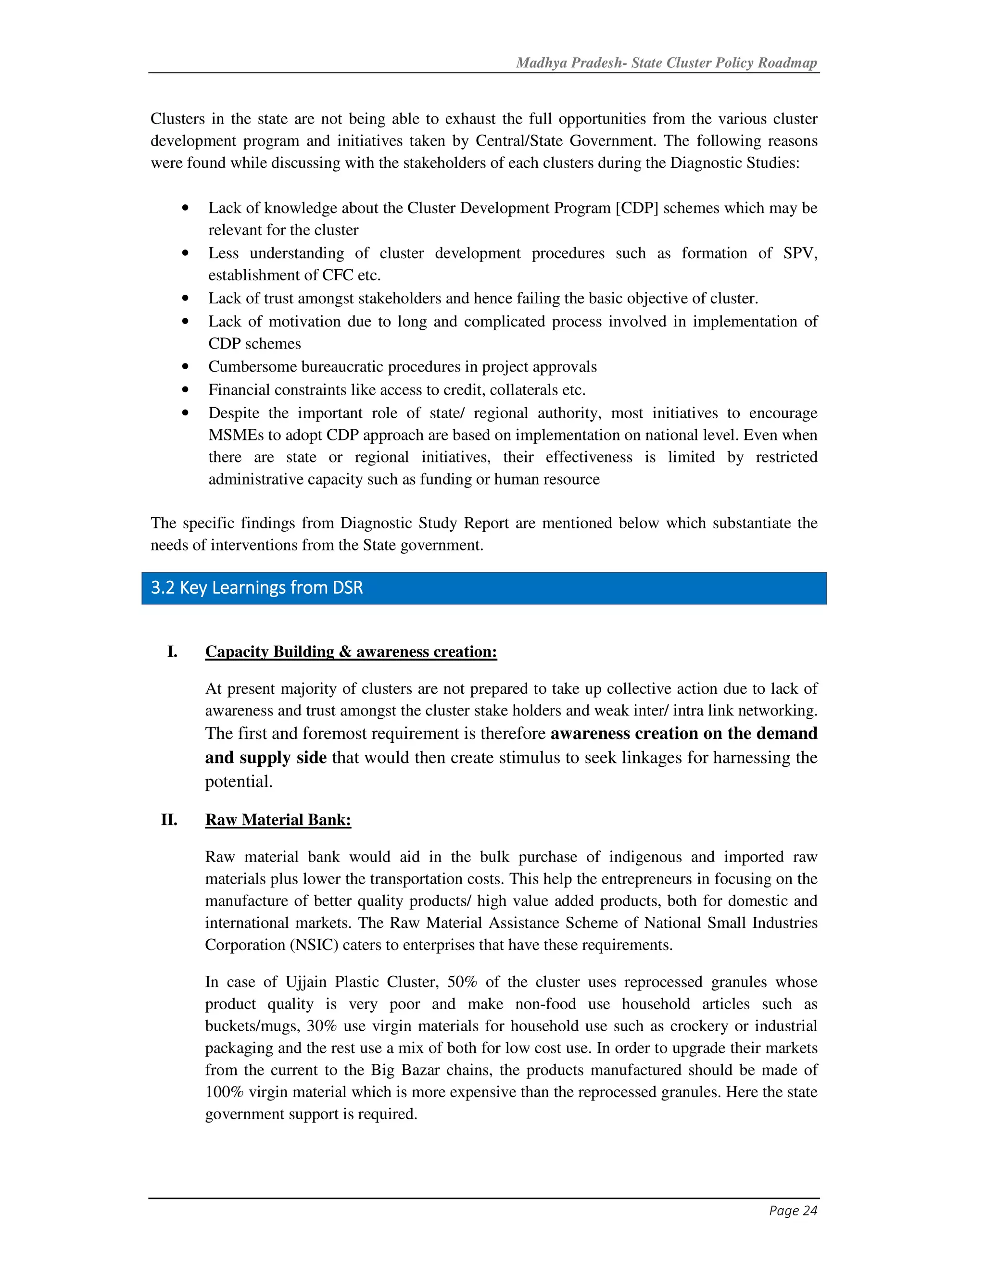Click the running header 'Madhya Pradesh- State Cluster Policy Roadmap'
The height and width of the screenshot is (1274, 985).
[667, 63]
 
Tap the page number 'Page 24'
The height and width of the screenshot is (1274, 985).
[793, 1211]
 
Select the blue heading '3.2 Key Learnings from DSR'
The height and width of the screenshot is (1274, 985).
[257, 587]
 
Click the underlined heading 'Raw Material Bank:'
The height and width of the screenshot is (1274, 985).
[278, 820]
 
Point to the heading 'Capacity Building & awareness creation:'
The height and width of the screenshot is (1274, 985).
[351, 651]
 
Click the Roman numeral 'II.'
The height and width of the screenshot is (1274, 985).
[169, 820]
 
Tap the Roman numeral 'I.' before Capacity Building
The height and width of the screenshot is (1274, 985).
[172, 651]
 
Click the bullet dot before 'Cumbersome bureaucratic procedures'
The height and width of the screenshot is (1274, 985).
[186, 366]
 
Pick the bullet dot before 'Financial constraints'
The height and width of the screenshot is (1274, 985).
[186, 390]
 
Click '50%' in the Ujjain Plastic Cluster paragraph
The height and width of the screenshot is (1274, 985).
[462, 982]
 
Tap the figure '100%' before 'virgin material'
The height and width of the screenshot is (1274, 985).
[224, 1091]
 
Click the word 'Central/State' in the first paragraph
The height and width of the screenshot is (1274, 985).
[519, 141]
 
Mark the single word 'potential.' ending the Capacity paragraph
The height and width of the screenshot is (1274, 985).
[239, 782]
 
